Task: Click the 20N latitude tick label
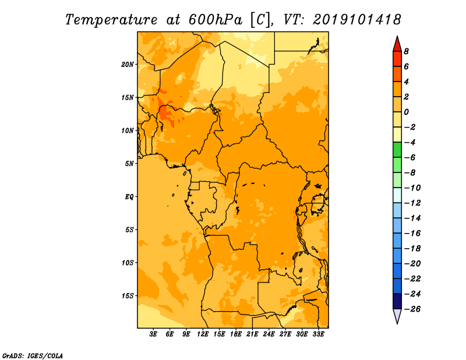pyautogui.click(x=128, y=65)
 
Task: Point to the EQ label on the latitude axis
pyautogui.click(x=129, y=197)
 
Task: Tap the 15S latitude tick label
pyautogui.click(x=128, y=296)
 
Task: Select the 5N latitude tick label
pyautogui.click(x=129, y=164)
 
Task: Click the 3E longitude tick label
pyautogui.click(x=153, y=334)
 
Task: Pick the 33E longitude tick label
pyautogui.click(x=318, y=334)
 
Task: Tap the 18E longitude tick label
pyautogui.click(x=236, y=334)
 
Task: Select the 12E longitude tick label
pyautogui.click(x=203, y=334)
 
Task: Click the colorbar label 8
pyautogui.click(x=406, y=51)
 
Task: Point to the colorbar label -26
pyautogui.click(x=412, y=309)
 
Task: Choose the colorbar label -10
pyautogui.click(x=412, y=188)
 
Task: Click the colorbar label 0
pyautogui.click(x=406, y=112)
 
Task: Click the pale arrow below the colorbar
pyautogui.click(x=397, y=315)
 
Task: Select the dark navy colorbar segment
pyautogui.click(x=397, y=301)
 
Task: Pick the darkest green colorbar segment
pyautogui.click(x=397, y=150)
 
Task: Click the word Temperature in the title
pyautogui.click(x=111, y=20)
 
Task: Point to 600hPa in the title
pyautogui.click(x=216, y=20)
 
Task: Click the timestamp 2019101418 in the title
pyautogui.click(x=357, y=20)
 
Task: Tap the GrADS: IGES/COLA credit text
pyautogui.click(x=33, y=356)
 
